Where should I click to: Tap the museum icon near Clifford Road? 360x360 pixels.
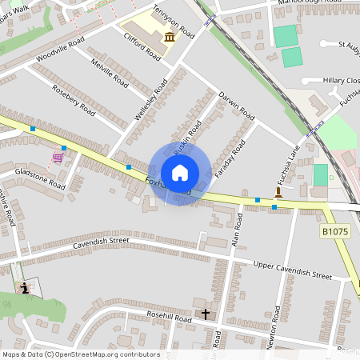point(170,38)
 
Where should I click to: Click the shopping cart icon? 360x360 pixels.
point(58,157)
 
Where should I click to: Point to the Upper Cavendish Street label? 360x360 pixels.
point(291,270)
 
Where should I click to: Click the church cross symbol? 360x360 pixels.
point(205,314)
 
